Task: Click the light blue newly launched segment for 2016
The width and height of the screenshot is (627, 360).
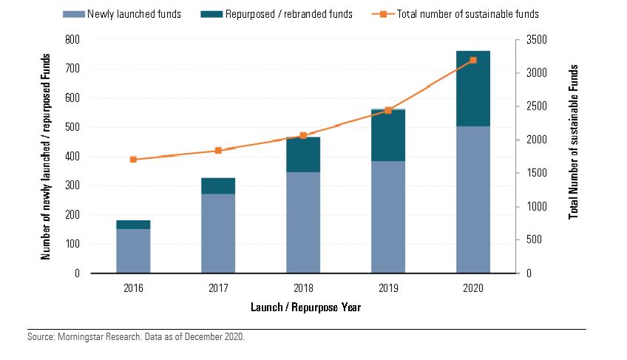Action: pos(133,251)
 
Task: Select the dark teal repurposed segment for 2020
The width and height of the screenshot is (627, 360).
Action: pos(473,89)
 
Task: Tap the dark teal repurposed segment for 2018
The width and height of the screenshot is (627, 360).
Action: pos(303,154)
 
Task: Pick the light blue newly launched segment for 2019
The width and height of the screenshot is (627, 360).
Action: pos(388,217)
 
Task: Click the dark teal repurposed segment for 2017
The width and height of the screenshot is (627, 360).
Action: pos(218,186)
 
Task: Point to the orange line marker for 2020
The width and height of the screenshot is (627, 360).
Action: pos(473,60)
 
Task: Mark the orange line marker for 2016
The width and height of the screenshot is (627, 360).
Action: pos(133,159)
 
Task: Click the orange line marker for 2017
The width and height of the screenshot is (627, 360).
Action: pos(218,150)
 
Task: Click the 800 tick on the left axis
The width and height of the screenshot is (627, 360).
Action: pos(73,39)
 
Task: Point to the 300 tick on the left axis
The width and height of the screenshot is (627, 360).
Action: pos(73,186)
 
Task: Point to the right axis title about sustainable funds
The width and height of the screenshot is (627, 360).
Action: pos(573,142)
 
